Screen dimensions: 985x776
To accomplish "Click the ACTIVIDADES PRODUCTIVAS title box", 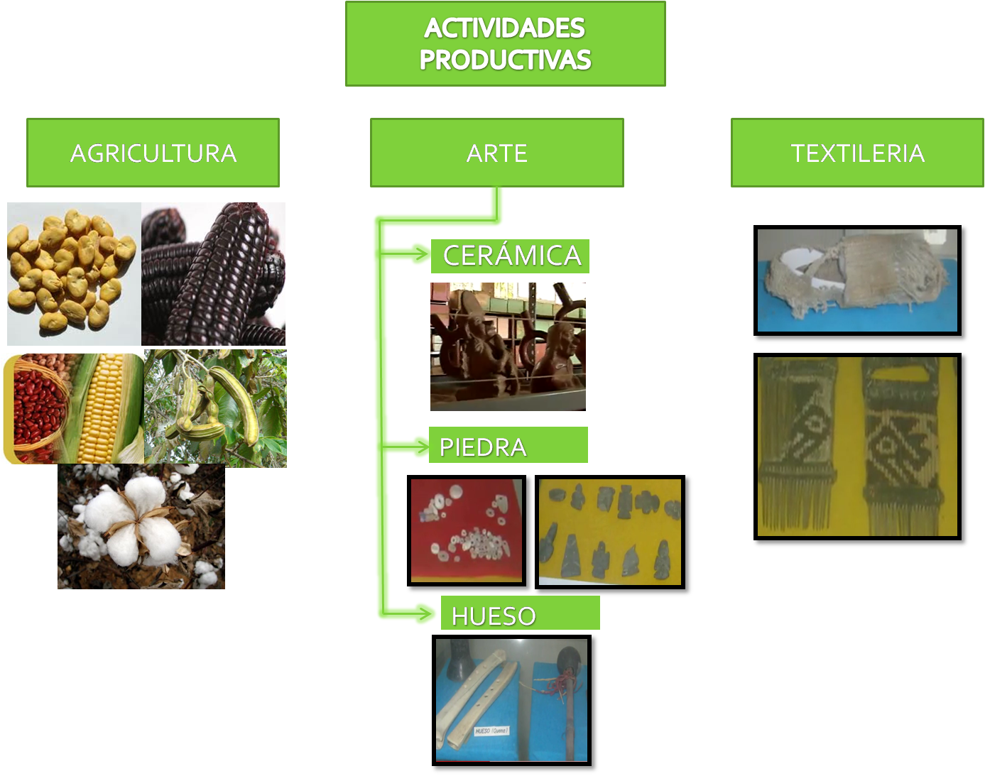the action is click(x=505, y=44).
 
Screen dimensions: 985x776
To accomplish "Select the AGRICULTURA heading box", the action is click(x=153, y=153).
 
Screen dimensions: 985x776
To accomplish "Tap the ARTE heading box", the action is click(x=496, y=153).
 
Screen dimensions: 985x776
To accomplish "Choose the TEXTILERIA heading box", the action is click(x=857, y=153).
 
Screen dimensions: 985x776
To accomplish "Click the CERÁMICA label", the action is click(x=511, y=256).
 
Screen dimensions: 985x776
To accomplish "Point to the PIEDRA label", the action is click(x=508, y=446).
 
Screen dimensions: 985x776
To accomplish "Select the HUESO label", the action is click(x=520, y=614).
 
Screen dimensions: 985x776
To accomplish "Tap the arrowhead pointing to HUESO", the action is click(x=425, y=613).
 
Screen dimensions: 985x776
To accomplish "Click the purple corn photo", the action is click(x=213, y=274).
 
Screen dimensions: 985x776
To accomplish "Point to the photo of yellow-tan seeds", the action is click(x=73, y=274).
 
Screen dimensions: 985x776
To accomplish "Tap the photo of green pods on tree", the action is click(x=215, y=408).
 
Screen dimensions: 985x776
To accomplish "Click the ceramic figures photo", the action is click(x=508, y=346).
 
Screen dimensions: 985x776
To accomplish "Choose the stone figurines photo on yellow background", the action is click(x=610, y=532).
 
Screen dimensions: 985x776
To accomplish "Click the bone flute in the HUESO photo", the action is click(x=472, y=699).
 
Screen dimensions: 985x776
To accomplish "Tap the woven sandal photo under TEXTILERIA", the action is click(x=857, y=280).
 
